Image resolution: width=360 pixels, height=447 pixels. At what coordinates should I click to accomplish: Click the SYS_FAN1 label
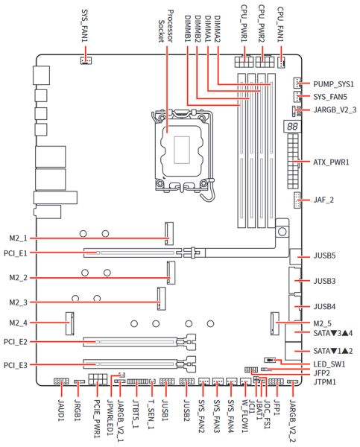[x=85, y=25]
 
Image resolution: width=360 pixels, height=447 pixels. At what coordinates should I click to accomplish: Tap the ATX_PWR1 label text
[x=331, y=162]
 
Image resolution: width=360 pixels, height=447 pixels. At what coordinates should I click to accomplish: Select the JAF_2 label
[x=323, y=200]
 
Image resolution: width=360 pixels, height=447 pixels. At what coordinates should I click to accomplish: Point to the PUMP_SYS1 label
[x=333, y=84]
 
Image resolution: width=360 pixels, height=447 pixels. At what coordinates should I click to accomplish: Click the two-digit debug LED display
[x=292, y=126]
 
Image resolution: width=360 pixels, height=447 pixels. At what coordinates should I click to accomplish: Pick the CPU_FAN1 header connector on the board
[x=281, y=62]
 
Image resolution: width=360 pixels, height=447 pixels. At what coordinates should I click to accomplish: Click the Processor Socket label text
[x=165, y=26]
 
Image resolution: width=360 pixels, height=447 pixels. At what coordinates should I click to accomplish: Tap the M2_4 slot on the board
[x=70, y=323]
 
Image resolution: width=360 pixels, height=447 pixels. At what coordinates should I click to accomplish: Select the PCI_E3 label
[x=16, y=365]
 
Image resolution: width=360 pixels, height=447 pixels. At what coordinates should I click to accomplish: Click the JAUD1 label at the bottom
[x=61, y=410]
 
